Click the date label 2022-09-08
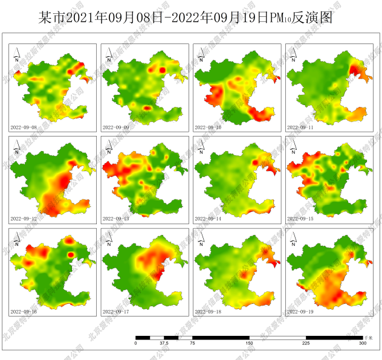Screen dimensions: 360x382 tap(24, 127)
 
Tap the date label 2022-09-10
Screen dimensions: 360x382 tap(209, 127)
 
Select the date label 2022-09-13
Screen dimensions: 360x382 tap(116, 219)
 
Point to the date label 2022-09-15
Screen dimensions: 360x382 tap(301, 219)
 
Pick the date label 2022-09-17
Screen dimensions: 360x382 tap(116, 312)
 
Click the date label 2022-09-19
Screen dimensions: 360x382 tap(301, 312)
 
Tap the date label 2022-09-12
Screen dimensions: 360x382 tap(24, 219)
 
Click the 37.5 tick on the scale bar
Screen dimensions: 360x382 tap(164, 343)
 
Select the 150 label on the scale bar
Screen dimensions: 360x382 tap(249, 343)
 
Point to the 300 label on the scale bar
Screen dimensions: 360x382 tap(362, 343)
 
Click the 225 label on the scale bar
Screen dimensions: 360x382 tap(306, 343)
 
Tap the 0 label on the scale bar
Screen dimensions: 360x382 tap(136, 343)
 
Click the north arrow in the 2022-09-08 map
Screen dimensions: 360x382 tap(17, 56)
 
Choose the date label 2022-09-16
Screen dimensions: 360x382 tap(24, 312)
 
